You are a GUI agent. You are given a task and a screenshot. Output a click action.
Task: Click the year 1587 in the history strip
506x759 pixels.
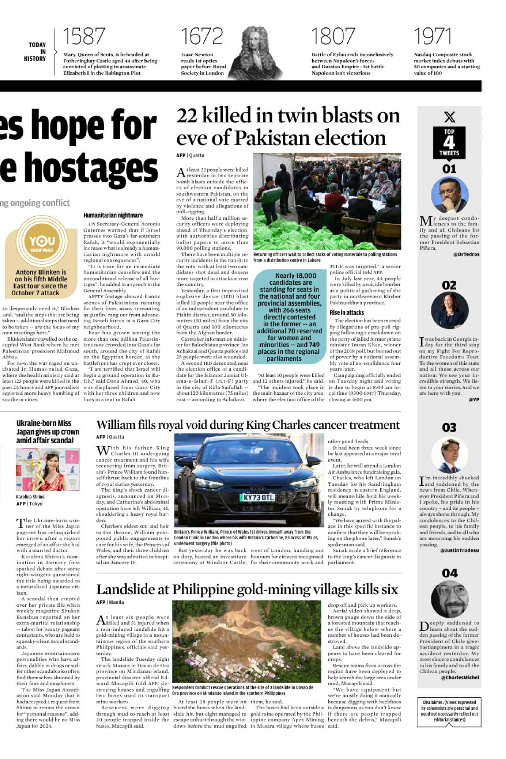(x=84, y=37)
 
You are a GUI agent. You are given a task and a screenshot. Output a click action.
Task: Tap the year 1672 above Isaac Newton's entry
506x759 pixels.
(x=202, y=37)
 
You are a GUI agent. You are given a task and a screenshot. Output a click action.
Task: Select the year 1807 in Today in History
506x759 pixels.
(x=333, y=37)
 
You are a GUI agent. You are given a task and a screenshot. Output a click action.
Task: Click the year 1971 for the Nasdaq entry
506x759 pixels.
(x=433, y=37)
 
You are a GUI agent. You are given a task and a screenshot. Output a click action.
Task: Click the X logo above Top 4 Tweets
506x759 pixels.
(x=449, y=117)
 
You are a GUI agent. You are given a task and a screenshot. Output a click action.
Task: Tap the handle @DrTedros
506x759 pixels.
(x=466, y=255)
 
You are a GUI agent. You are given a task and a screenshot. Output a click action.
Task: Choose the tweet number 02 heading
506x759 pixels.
(x=449, y=285)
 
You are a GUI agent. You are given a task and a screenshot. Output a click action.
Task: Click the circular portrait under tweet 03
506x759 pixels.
(x=449, y=455)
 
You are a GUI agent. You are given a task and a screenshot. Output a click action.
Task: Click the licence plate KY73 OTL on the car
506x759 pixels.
(x=259, y=498)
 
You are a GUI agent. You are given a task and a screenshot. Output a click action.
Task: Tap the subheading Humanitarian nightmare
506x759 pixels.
(x=113, y=215)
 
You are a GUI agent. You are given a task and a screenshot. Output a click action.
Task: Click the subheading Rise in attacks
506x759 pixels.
(x=346, y=312)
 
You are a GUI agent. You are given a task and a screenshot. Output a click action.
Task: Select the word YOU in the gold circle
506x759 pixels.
(x=42, y=241)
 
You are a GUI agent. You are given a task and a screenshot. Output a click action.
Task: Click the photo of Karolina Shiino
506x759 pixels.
(x=48, y=469)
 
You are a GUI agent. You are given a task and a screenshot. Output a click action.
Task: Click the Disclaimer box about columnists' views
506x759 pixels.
(x=449, y=711)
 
